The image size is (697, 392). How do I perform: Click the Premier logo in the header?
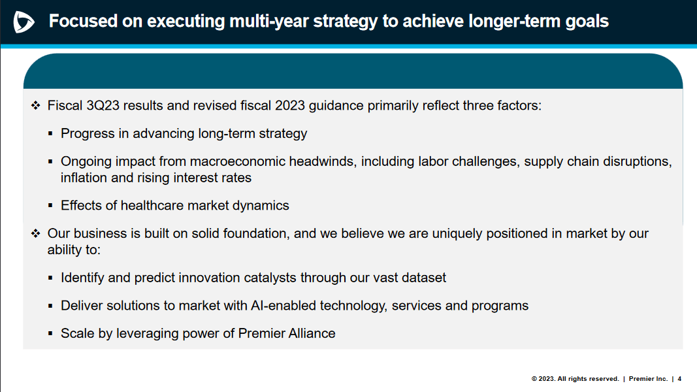(24, 22)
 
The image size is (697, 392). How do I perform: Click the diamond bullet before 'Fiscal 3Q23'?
(35, 105)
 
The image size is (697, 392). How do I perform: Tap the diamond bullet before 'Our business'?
(35, 233)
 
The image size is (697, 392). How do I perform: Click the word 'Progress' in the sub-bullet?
(88, 133)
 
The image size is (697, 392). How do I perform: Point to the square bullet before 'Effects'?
(50, 205)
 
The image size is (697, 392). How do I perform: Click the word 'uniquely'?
(457, 234)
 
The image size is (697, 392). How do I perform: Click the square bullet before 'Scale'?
(50, 333)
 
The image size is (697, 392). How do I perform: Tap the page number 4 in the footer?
(679, 379)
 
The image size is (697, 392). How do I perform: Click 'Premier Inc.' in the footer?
(648, 379)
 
